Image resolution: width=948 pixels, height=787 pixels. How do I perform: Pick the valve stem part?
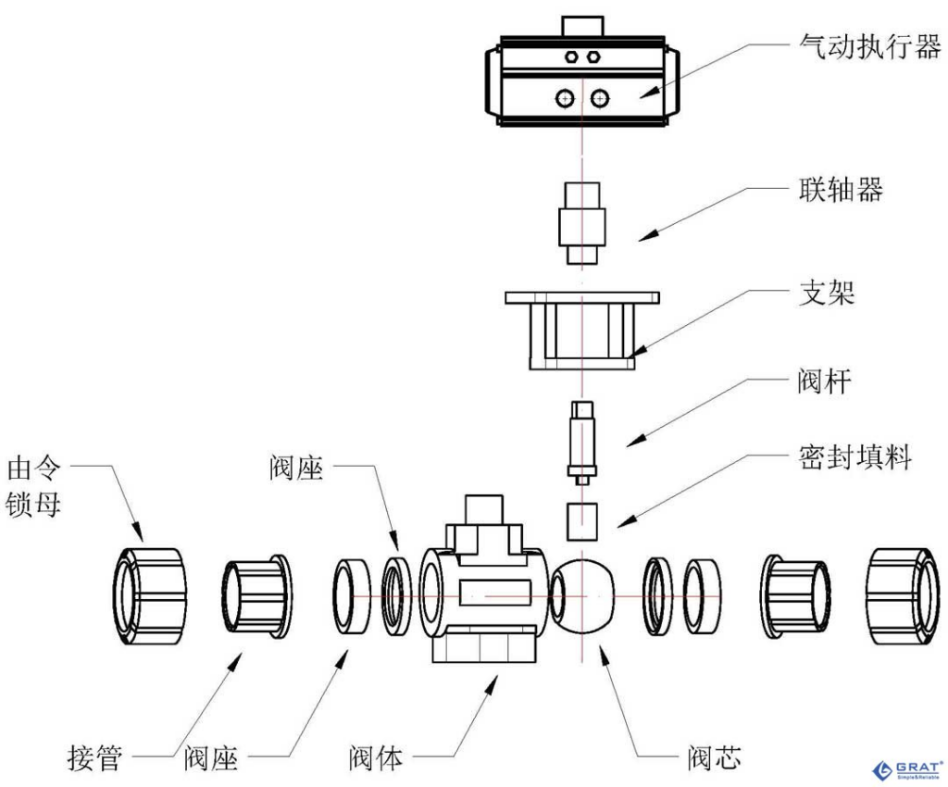click(x=581, y=442)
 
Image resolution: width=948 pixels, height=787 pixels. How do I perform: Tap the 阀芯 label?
click(x=712, y=758)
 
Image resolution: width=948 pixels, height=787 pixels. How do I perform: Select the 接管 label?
click(x=94, y=758)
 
